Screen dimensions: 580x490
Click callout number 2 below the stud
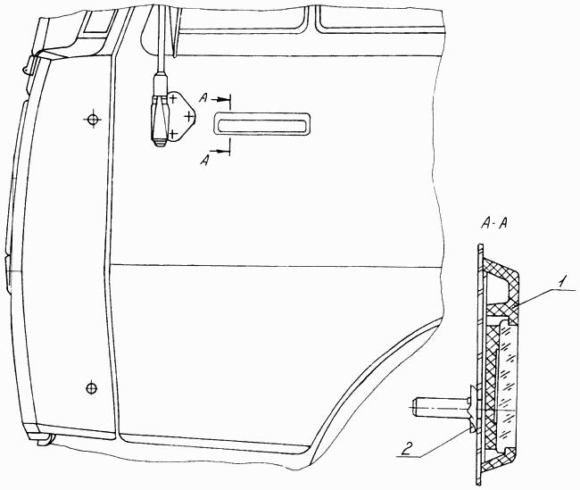[407, 449]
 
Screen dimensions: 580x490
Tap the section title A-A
[494, 223]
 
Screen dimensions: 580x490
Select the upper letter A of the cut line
[203, 97]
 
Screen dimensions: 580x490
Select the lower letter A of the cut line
[204, 161]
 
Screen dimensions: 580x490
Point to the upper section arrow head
[225, 99]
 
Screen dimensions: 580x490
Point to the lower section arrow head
[225, 151]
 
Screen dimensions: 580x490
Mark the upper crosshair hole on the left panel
[93, 119]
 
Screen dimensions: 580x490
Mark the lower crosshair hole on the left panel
[91, 388]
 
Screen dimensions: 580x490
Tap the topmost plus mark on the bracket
[172, 98]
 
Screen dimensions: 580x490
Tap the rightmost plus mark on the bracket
[189, 117]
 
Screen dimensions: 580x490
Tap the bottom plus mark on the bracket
[172, 133]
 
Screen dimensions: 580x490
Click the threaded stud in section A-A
[441, 406]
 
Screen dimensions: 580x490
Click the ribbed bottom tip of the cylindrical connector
[160, 143]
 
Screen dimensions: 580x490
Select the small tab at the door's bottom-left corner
[45, 440]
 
